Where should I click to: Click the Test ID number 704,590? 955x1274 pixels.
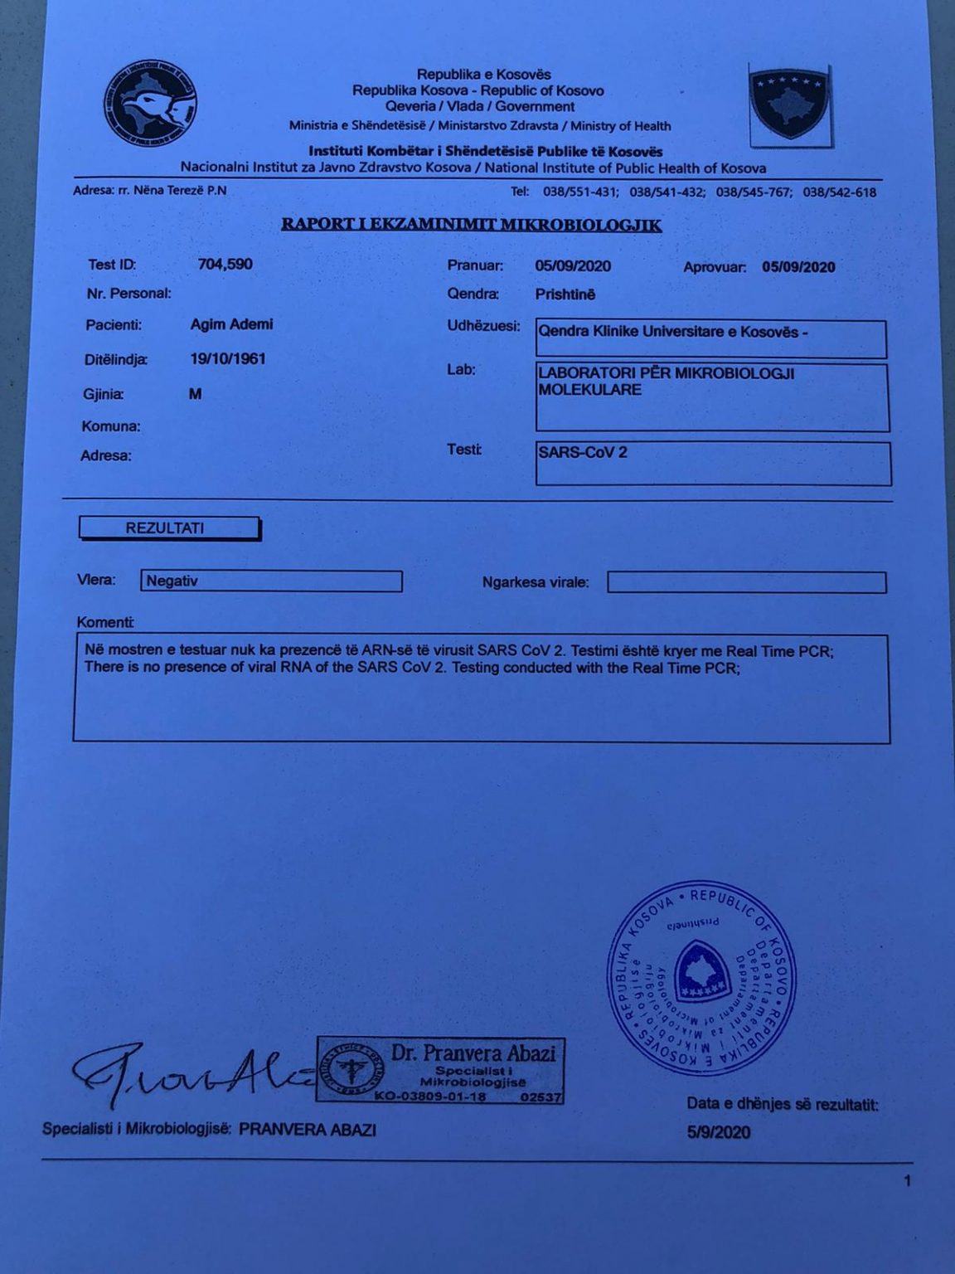225,265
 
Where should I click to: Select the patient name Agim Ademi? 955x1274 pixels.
231,324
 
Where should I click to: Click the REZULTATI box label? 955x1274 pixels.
165,528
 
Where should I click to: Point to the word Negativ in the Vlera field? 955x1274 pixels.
172,581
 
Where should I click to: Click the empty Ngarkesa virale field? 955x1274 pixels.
746,582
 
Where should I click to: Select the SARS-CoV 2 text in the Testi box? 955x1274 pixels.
583,454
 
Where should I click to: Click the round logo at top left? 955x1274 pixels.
150,104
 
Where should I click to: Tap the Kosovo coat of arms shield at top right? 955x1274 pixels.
789,104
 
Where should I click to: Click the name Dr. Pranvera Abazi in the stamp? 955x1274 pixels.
473,1053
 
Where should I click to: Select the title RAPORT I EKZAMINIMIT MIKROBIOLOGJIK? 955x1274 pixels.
471,225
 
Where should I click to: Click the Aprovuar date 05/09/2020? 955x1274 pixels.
798,267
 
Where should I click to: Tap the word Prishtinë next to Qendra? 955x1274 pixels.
565,294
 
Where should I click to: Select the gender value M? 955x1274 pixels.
196,394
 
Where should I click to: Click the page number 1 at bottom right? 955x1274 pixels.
908,1180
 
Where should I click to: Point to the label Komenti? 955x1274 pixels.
104,622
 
